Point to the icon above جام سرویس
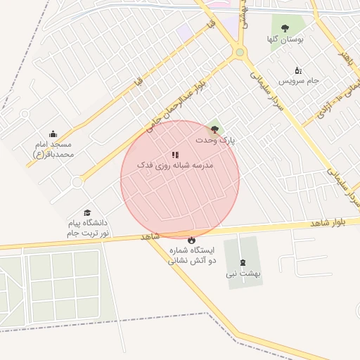click(x=298, y=70)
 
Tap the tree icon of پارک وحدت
click(x=214, y=129)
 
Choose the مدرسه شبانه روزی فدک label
click(x=179, y=165)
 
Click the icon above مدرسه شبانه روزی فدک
click(x=175, y=155)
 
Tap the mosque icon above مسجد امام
click(x=53, y=134)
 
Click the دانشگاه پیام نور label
click(x=89, y=227)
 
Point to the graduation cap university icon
click(x=88, y=213)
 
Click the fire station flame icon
click(x=172, y=240)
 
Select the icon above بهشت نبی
click(x=243, y=262)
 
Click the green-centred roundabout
click(x=240, y=52)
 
